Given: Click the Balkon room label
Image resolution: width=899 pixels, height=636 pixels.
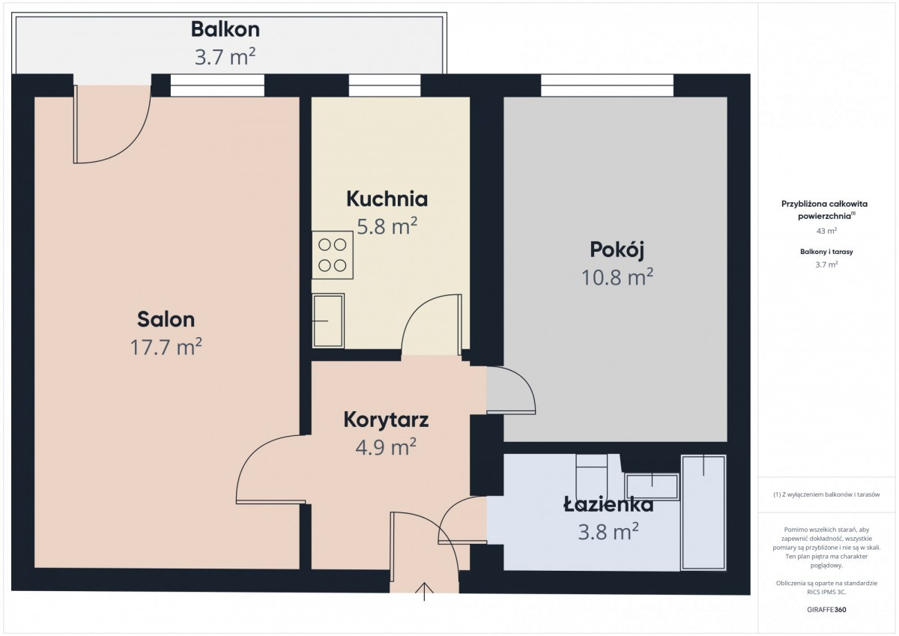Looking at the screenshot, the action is pyautogui.click(x=225, y=30).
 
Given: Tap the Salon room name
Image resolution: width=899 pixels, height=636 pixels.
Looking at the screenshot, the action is pyautogui.click(x=166, y=319).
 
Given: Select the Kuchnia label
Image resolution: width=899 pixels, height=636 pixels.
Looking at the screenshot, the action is pyautogui.click(x=387, y=199).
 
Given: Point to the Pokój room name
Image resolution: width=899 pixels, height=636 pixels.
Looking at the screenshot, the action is pyautogui.click(x=617, y=250).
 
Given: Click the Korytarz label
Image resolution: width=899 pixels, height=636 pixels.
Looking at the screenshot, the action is pyautogui.click(x=386, y=420).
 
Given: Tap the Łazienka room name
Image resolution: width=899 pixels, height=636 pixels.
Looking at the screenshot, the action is pyautogui.click(x=608, y=504).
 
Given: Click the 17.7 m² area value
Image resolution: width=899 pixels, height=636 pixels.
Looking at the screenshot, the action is pyautogui.click(x=166, y=347).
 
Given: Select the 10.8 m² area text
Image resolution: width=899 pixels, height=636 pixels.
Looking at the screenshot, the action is pyautogui.click(x=617, y=277).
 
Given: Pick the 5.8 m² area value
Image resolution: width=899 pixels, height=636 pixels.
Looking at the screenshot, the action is pyautogui.click(x=387, y=226).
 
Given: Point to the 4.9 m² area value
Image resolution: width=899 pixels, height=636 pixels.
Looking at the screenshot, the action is pyautogui.click(x=386, y=447).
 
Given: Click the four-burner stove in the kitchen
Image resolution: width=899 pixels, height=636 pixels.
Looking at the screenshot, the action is pyautogui.click(x=333, y=255).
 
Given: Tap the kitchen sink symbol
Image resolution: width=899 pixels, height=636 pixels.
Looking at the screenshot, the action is pyautogui.click(x=328, y=321).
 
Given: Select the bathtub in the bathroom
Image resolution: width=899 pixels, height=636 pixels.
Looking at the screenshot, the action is pyautogui.click(x=703, y=512).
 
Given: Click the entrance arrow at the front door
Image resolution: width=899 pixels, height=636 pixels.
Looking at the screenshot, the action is pyautogui.click(x=424, y=592).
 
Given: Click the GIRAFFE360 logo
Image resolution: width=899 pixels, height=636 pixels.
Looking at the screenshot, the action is pyautogui.click(x=826, y=610).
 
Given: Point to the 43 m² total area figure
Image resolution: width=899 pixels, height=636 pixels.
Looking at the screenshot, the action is pyautogui.click(x=826, y=231).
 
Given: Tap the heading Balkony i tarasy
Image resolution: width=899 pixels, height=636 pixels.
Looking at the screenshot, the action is pyautogui.click(x=826, y=252).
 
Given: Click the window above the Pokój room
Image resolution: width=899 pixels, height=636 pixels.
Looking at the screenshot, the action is pyautogui.click(x=607, y=85).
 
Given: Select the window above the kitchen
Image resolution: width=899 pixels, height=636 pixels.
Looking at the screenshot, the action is pyautogui.click(x=384, y=85).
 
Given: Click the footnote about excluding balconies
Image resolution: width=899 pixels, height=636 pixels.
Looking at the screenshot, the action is pyautogui.click(x=826, y=494).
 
